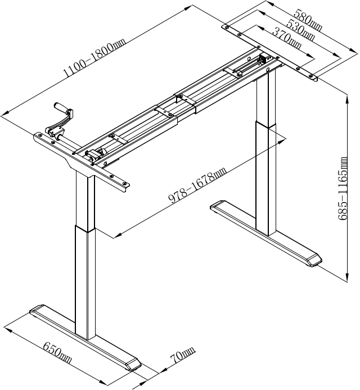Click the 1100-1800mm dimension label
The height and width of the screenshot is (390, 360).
click(94, 58)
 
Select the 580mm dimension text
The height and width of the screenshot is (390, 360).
click(308, 20)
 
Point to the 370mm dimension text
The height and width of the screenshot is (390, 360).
click(287, 38)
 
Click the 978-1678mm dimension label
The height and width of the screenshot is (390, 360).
click(197, 185)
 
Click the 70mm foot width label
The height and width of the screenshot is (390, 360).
click(183, 355)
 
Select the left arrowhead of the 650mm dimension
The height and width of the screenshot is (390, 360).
click(8, 330)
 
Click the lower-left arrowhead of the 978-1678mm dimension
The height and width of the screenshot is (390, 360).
click(118, 235)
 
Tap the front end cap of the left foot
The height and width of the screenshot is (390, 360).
click(133, 365)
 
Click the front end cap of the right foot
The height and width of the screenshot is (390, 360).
click(314, 261)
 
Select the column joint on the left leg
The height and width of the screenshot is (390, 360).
click(85, 228)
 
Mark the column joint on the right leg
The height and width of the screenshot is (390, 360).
click(265, 124)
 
